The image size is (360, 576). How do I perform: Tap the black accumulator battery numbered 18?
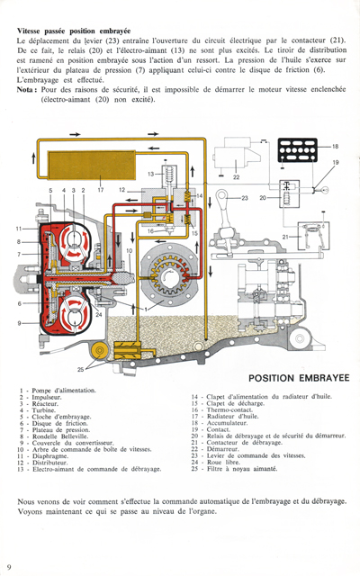click(x=301, y=148)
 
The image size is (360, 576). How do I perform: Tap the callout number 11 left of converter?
click(x=17, y=229)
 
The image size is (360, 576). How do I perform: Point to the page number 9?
click(x=9, y=566)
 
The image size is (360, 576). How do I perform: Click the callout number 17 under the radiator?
click(x=101, y=191)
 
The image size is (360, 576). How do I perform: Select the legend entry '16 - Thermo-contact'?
click(x=230, y=409)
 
